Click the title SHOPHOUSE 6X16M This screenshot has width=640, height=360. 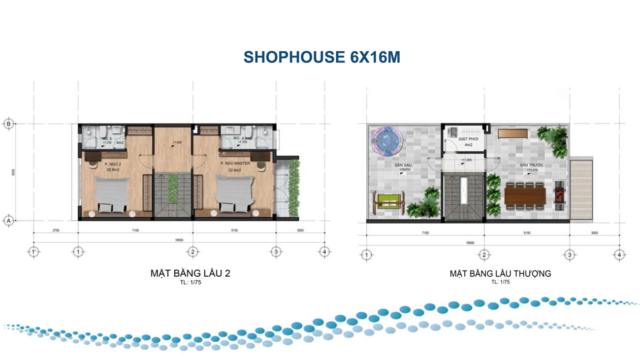point(321,57)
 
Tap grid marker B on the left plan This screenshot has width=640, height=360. point(8,124)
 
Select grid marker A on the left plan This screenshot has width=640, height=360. point(8,222)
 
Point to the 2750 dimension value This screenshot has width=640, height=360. point(55,230)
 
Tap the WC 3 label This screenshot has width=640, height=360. point(105,139)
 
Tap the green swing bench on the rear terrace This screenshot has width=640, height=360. point(387,204)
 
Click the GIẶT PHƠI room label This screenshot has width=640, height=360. point(464,140)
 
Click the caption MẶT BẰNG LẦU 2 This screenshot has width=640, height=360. point(191,273)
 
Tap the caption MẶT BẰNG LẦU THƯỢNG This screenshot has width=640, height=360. point(500,273)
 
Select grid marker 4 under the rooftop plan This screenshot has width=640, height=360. point(619,255)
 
